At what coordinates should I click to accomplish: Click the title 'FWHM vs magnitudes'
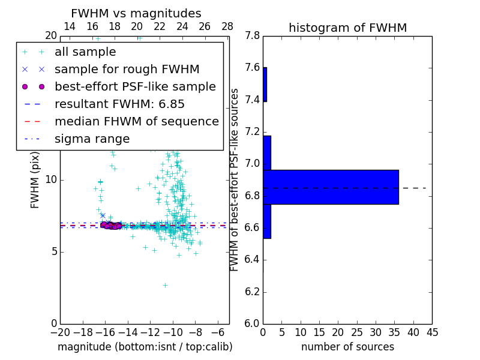click(x=136, y=13)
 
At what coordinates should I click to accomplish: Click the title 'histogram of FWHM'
click(x=347, y=28)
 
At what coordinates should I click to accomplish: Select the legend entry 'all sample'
click(x=85, y=52)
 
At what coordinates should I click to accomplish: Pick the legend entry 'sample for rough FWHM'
click(x=127, y=70)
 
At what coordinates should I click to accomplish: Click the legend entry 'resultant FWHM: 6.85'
click(x=119, y=104)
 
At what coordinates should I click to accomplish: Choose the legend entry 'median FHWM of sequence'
click(x=136, y=122)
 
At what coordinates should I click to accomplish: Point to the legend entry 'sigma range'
click(x=92, y=139)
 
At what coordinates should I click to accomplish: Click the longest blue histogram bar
click(x=331, y=187)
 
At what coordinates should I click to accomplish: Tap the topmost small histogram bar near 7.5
click(x=265, y=85)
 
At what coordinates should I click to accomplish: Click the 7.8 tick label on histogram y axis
click(x=253, y=36)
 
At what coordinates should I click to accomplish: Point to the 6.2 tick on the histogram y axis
click(x=253, y=292)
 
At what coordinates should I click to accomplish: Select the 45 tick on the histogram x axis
click(x=432, y=332)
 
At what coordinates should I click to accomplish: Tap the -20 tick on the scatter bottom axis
click(x=60, y=332)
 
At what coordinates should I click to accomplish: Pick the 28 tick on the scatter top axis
click(x=227, y=26)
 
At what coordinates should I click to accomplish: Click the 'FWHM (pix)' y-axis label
click(x=35, y=180)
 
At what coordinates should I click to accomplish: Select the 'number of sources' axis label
click(x=347, y=347)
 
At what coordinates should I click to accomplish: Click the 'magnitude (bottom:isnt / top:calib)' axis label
click(x=145, y=347)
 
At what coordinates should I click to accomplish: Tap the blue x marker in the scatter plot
click(x=103, y=215)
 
